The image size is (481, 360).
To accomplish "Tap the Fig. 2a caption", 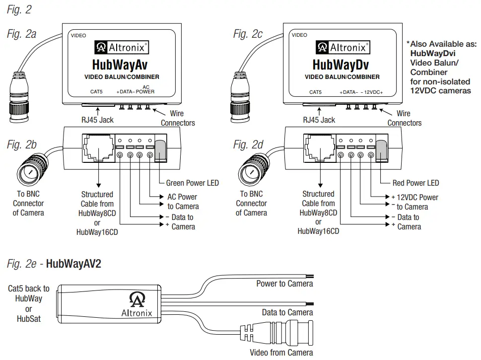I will pyautogui.click(x=24, y=35).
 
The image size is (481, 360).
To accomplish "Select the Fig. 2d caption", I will pyautogui.click(x=248, y=144).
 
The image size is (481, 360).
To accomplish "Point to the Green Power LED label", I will pyautogui.click(x=192, y=183).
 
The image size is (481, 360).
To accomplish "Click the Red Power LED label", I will pyautogui.click(x=415, y=183).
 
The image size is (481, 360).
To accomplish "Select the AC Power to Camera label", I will pyautogui.click(x=183, y=202).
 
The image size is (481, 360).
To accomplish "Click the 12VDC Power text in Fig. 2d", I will pyautogui.click(x=417, y=197).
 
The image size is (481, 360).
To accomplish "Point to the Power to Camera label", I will pyautogui.click(x=284, y=284).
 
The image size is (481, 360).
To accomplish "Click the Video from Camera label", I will pyautogui.click(x=281, y=353).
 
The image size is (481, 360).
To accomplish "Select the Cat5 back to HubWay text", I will pyautogui.click(x=29, y=293).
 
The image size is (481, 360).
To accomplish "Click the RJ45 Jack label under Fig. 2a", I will pyautogui.click(x=97, y=120).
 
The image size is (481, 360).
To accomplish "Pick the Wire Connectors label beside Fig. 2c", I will pyautogui.click(x=404, y=118).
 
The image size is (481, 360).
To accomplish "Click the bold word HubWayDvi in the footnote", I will pyautogui.click(x=432, y=53).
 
